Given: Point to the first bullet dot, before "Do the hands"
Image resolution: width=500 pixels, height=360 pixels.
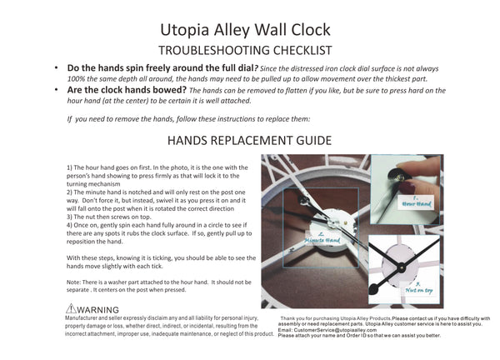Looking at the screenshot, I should point(55,67).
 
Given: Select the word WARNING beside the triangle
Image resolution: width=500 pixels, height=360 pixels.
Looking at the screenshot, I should point(98,310).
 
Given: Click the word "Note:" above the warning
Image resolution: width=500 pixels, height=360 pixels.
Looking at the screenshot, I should point(73,281).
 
